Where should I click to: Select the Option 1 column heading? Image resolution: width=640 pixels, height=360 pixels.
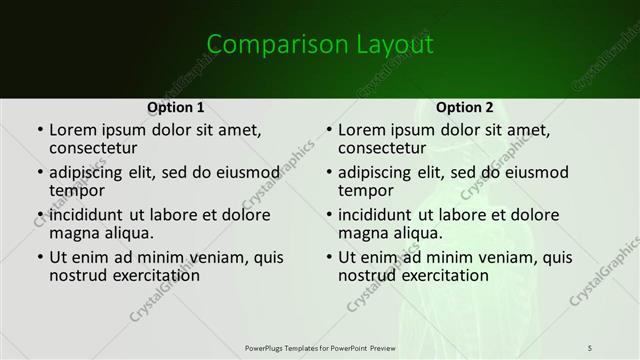point(176,106)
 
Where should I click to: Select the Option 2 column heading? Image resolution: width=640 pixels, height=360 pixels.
point(464,106)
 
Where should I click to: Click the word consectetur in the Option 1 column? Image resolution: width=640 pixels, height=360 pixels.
point(97,148)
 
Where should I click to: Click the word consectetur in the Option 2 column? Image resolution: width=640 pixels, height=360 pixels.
point(385,148)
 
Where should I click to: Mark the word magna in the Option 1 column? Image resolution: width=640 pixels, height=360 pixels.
point(73,233)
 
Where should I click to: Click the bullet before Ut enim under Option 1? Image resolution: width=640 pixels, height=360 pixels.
point(39,257)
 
